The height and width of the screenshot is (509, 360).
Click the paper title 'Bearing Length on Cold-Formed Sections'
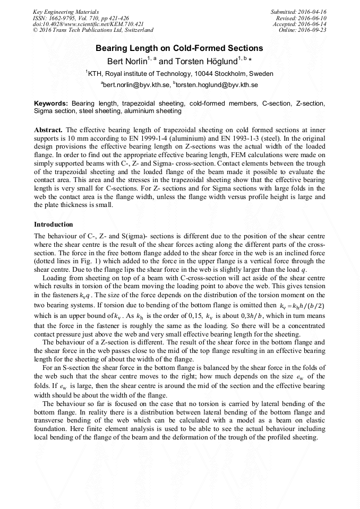(x=179, y=48)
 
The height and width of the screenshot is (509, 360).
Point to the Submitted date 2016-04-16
(x=310, y=11)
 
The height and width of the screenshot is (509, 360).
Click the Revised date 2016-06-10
(x=312, y=18)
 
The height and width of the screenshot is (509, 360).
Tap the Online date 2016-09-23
(x=313, y=30)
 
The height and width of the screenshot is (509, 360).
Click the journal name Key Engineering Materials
(x=66, y=11)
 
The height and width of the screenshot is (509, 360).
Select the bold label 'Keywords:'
(x=51, y=103)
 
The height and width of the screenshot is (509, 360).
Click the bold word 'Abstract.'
(x=48, y=130)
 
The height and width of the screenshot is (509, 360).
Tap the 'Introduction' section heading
(x=54, y=225)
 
